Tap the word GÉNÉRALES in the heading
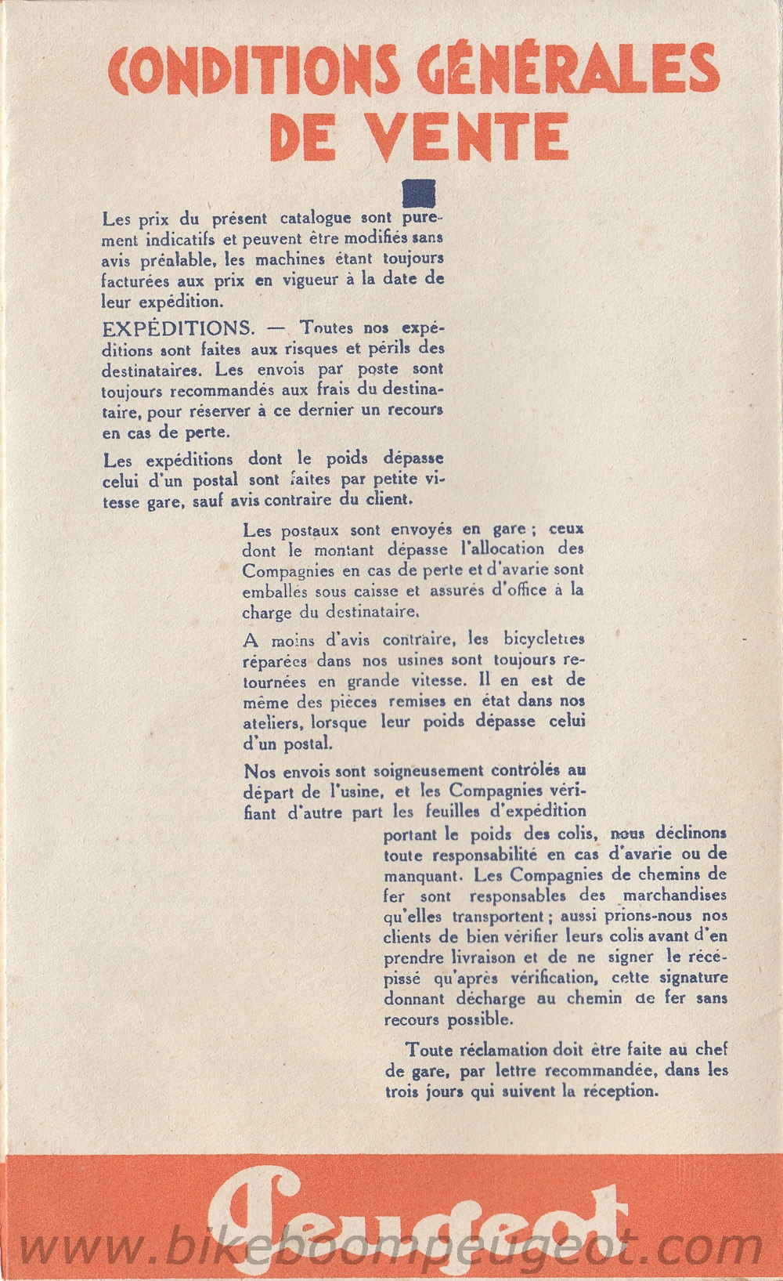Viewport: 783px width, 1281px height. [569, 73]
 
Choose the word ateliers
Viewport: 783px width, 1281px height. [271, 722]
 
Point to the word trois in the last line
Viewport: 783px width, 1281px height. [401, 1091]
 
